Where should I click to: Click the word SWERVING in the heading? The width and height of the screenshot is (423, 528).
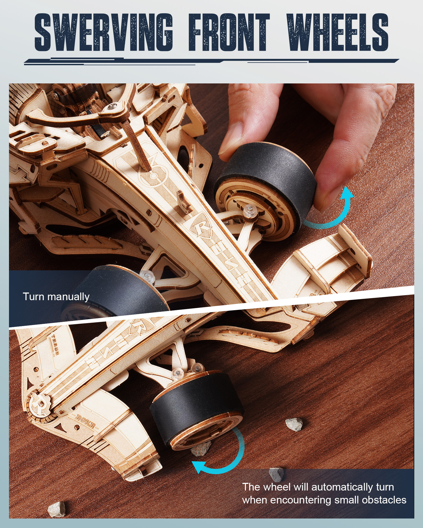[x=104, y=32]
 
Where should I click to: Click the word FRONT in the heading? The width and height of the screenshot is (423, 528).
[x=229, y=32]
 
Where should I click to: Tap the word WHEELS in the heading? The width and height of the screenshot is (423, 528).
[x=337, y=32]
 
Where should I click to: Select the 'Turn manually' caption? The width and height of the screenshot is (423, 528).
[x=56, y=297]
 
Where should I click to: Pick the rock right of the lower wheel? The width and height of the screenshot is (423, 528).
[x=294, y=424]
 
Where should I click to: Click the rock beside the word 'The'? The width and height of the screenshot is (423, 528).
[x=276, y=474]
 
